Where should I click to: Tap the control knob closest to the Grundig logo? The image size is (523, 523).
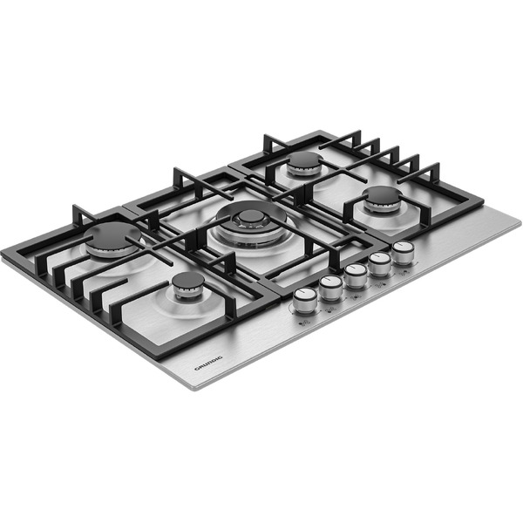[x=305, y=299]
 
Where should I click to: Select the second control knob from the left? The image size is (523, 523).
[x=331, y=287]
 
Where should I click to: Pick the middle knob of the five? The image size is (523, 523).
[x=356, y=275]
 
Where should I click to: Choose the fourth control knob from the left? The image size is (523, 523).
[x=379, y=262]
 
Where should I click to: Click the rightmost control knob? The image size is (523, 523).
[x=403, y=251]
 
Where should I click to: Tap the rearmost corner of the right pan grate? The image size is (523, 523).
[x=320, y=132]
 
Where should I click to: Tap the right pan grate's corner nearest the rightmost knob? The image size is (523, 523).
[x=481, y=203]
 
